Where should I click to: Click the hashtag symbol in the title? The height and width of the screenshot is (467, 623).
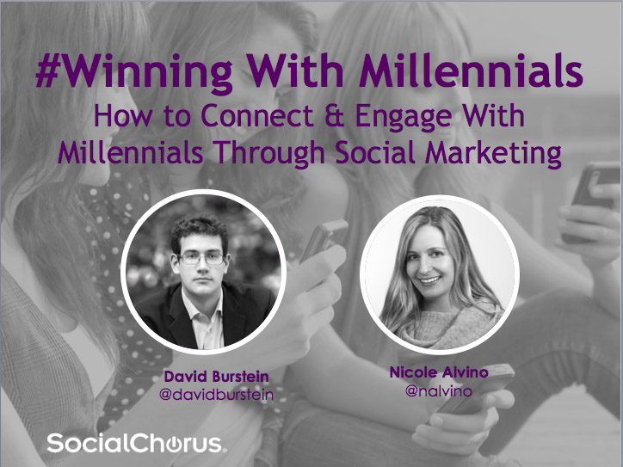click(48, 71)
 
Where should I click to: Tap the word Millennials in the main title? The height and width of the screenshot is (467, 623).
click(471, 71)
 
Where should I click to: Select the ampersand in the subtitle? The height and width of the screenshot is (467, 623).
click(334, 115)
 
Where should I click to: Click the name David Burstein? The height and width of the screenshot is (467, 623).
click(216, 377)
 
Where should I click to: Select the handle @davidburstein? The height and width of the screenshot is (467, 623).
click(216, 395)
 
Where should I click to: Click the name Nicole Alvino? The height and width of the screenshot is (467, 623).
click(439, 372)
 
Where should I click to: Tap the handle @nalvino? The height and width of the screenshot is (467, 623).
click(439, 391)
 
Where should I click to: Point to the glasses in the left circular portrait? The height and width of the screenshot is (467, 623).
click(202, 259)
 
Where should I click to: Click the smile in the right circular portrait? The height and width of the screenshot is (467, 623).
click(431, 280)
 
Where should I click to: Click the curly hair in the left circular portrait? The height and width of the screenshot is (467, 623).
click(200, 230)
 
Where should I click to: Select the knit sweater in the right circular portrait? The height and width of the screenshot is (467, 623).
click(449, 327)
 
